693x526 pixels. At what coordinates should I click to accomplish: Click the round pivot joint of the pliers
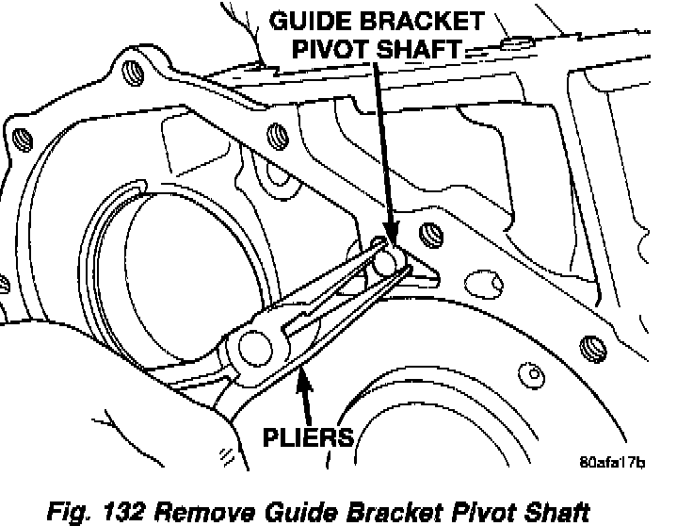pos(255,347)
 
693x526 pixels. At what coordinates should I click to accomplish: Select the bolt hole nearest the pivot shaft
pos(429,232)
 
